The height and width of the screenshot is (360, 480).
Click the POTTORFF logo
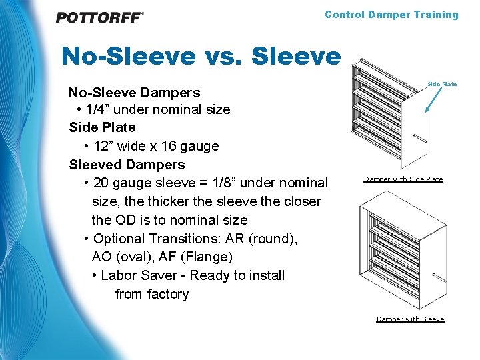pyautogui.click(x=99, y=17)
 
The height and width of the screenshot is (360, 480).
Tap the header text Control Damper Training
pyautogui.click(x=391, y=15)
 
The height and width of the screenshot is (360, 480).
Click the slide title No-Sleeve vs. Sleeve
pyautogui.click(x=200, y=56)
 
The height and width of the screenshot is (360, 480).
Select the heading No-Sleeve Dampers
pyautogui.click(x=134, y=91)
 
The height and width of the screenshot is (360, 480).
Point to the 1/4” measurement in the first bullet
pyautogui.click(x=99, y=109)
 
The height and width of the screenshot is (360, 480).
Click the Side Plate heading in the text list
pyautogui.click(x=102, y=127)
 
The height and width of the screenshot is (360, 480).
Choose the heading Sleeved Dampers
pyautogui.click(x=127, y=165)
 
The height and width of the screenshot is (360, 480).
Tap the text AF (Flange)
pyautogui.click(x=199, y=257)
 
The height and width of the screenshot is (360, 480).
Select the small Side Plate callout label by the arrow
pyautogui.click(x=442, y=84)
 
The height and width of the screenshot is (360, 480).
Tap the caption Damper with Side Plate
pyautogui.click(x=403, y=179)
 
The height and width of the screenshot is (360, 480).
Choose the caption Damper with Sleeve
pyautogui.click(x=410, y=319)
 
